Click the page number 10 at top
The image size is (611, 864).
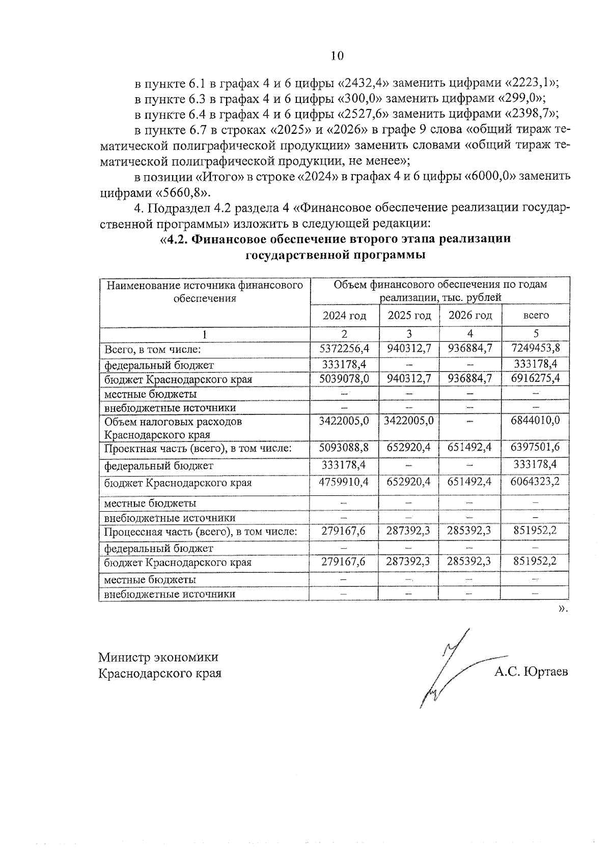(337, 55)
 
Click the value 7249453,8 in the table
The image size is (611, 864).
(535, 349)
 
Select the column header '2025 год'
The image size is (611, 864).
(409, 315)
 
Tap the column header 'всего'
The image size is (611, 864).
(536, 315)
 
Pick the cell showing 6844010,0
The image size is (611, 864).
(535, 421)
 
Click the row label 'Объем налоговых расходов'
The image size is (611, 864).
(173, 422)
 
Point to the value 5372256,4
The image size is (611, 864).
(344, 349)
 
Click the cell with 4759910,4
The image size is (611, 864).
(344, 482)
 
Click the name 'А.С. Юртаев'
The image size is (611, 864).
(531, 672)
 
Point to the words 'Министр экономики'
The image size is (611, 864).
(158, 657)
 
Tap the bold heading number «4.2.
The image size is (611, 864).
(176, 240)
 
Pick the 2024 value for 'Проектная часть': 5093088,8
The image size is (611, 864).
(344, 448)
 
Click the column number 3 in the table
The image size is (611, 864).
(409, 334)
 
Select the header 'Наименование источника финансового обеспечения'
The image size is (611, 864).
(205, 292)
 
